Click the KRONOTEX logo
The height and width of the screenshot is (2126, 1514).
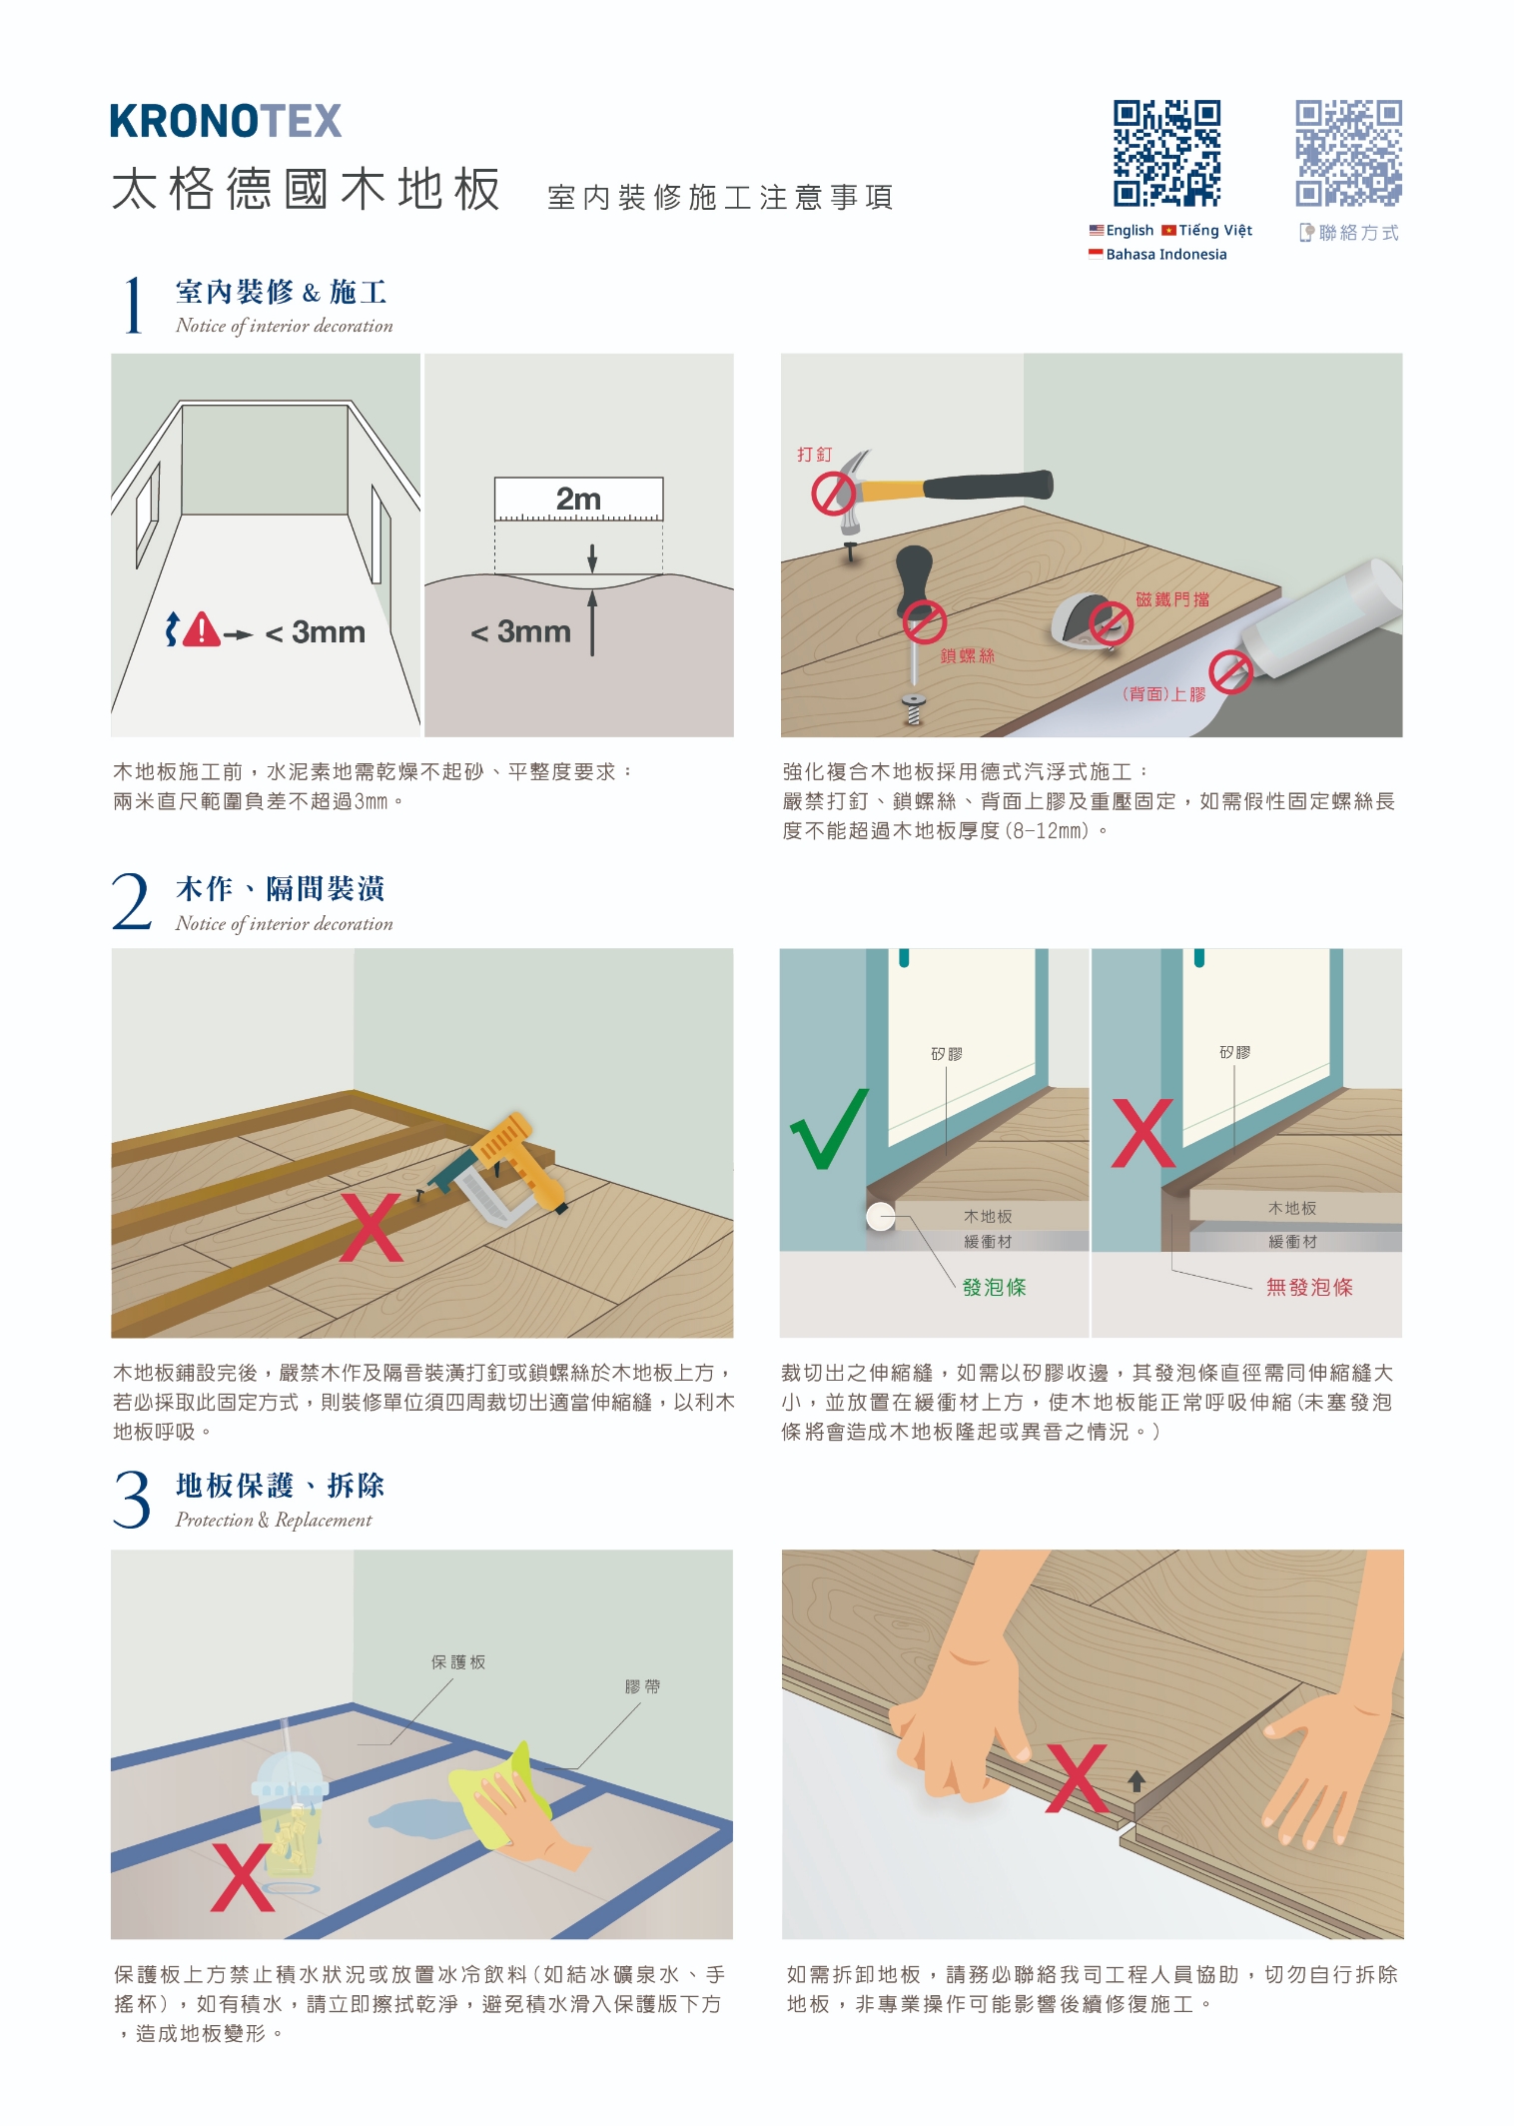(x=226, y=121)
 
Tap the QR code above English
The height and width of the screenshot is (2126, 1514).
(x=1166, y=153)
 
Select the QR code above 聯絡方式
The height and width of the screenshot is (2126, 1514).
(x=1348, y=153)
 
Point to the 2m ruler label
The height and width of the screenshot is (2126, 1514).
(x=578, y=499)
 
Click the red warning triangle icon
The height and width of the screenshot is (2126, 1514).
(x=202, y=630)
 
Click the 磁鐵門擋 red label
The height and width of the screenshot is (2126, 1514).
(x=1172, y=599)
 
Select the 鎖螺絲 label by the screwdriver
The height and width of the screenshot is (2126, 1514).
(x=967, y=656)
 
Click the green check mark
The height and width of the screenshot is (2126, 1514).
(x=829, y=1129)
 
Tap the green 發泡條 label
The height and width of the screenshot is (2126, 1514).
(x=994, y=1287)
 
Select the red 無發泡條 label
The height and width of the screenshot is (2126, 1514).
(x=1309, y=1287)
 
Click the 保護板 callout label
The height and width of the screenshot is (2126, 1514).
(x=458, y=1662)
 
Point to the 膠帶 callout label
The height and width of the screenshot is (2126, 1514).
(x=642, y=1686)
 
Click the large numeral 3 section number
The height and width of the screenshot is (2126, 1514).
(x=132, y=1500)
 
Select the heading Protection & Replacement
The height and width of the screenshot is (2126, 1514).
(x=274, y=1520)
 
